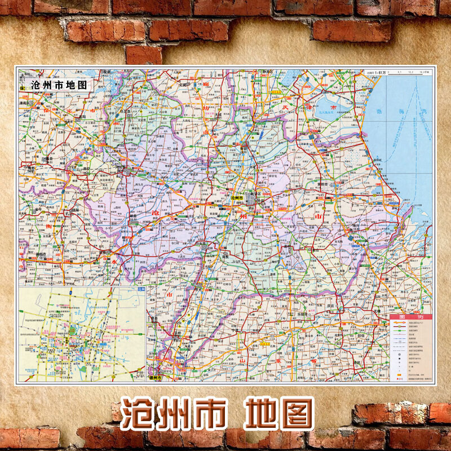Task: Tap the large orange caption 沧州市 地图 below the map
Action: tap(217, 414)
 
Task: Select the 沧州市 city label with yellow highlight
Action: tap(237, 199)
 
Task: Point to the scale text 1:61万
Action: tap(373, 72)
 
